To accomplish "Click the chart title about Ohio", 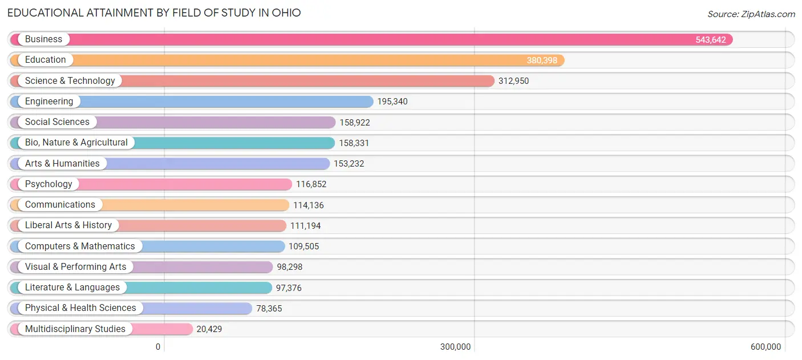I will click(154, 13).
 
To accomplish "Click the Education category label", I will click(45, 60).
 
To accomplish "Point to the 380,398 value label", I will click(541, 60).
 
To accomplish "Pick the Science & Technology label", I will click(70, 81).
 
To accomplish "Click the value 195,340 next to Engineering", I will click(392, 102).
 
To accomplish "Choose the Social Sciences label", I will click(57, 122).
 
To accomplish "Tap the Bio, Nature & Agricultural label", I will click(76, 143).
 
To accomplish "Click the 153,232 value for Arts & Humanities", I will click(349, 164).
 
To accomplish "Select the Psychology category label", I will click(48, 184).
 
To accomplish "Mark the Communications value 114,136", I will click(308, 205).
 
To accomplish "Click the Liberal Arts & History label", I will click(68, 225).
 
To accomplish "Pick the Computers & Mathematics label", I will click(80, 246).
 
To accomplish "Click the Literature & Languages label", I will click(72, 288).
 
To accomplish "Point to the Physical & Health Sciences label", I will click(80, 308).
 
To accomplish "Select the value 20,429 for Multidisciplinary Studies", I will click(209, 329).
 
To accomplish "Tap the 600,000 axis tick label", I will click(765, 347).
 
